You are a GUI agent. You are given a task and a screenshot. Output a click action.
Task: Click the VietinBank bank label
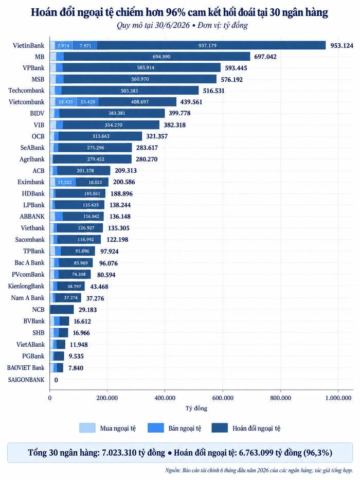point(28,45)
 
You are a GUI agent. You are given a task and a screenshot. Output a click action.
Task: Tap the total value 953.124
point(341,46)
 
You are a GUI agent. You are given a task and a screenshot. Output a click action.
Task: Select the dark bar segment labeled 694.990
point(157,57)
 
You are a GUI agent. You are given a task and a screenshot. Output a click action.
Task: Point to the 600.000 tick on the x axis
point(223,398)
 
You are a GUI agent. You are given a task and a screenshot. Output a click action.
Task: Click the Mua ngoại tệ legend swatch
point(87,428)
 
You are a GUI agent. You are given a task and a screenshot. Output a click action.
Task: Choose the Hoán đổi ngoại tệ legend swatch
point(220,428)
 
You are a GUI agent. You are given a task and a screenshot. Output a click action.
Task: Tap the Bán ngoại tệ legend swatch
point(155,428)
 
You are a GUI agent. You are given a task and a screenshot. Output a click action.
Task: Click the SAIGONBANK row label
point(26,380)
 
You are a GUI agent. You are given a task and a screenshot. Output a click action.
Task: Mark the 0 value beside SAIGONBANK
point(56,380)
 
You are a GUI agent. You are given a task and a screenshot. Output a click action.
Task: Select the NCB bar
point(62,310)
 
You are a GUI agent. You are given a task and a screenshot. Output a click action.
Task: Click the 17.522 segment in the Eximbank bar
point(65,182)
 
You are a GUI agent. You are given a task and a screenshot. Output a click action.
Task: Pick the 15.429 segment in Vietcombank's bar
point(87,102)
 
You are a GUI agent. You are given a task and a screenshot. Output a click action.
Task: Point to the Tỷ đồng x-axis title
point(196,408)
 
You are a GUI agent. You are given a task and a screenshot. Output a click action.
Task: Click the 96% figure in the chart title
point(175,12)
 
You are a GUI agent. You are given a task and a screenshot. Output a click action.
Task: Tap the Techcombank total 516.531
point(213,91)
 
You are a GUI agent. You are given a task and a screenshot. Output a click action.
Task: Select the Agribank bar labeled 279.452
point(93,159)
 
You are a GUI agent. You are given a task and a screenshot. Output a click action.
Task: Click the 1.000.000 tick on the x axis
point(338,398)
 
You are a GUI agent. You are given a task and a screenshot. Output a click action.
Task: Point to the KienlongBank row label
point(26,286)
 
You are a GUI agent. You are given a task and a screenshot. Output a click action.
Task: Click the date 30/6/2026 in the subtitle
point(171,25)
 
